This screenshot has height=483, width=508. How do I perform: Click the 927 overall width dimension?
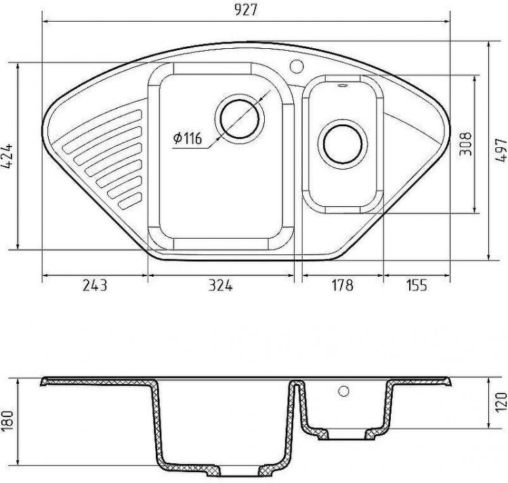[245, 10]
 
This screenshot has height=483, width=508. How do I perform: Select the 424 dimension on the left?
[7, 155]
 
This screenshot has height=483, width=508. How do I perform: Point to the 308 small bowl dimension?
[466, 144]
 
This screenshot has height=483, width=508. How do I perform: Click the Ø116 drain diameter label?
[188, 138]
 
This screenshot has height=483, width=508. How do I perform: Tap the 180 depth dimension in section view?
[7, 422]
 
